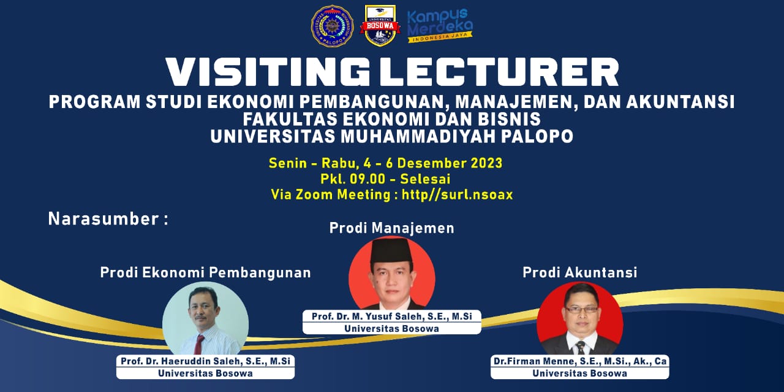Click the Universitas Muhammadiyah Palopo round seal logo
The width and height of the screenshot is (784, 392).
pyautogui.click(x=332, y=26)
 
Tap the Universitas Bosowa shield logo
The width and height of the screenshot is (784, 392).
pyautogui.click(x=380, y=26)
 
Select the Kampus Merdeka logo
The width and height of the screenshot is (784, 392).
pyautogui.click(x=440, y=26)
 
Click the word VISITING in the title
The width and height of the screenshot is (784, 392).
pyautogui.click(x=268, y=72)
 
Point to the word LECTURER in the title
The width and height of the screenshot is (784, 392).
pyautogui.click(x=499, y=72)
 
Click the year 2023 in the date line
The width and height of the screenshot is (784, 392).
pyautogui.click(x=486, y=163)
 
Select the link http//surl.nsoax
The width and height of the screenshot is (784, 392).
pyautogui.click(x=457, y=194)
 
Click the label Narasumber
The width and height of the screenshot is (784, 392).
pyautogui.click(x=104, y=219)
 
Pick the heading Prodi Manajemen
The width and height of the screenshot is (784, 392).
pyautogui.click(x=391, y=228)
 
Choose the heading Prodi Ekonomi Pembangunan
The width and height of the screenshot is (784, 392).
pyautogui.click(x=205, y=273)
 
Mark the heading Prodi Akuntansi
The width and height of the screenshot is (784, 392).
pyautogui.click(x=579, y=272)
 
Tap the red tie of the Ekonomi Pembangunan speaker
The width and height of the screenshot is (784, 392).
pyautogui.click(x=199, y=344)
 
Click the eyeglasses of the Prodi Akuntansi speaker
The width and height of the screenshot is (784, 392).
pyautogui.click(x=581, y=310)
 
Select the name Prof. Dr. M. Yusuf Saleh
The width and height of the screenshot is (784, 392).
pyautogui.click(x=369, y=317)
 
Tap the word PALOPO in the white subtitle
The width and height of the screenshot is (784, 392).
pyautogui.click(x=537, y=137)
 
